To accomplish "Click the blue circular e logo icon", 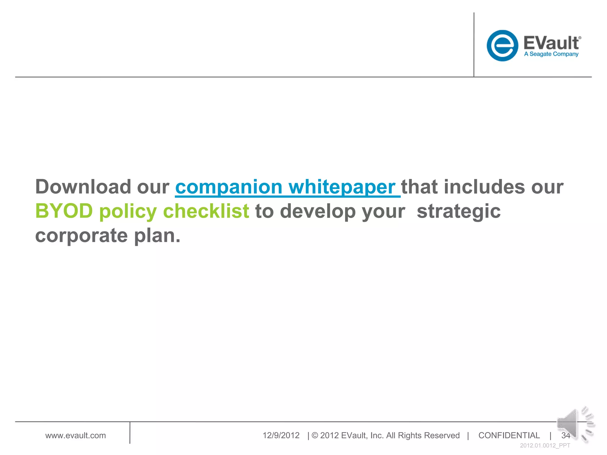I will click(x=502, y=46).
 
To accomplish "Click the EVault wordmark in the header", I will click(x=551, y=43).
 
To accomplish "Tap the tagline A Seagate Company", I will click(x=551, y=54).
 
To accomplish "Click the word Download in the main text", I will click(x=83, y=187).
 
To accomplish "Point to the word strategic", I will click(x=459, y=212).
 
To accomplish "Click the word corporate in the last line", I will click(x=82, y=236).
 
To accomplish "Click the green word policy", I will click(x=128, y=212).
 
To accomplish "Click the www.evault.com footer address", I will click(x=76, y=435).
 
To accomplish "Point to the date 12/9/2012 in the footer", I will click(x=281, y=435).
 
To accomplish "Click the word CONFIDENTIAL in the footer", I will click(x=509, y=435).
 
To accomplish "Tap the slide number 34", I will click(x=565, y=435).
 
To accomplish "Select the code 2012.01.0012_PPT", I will click(x=545, y=446).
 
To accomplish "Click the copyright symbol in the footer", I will click(x=315, y=435).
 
